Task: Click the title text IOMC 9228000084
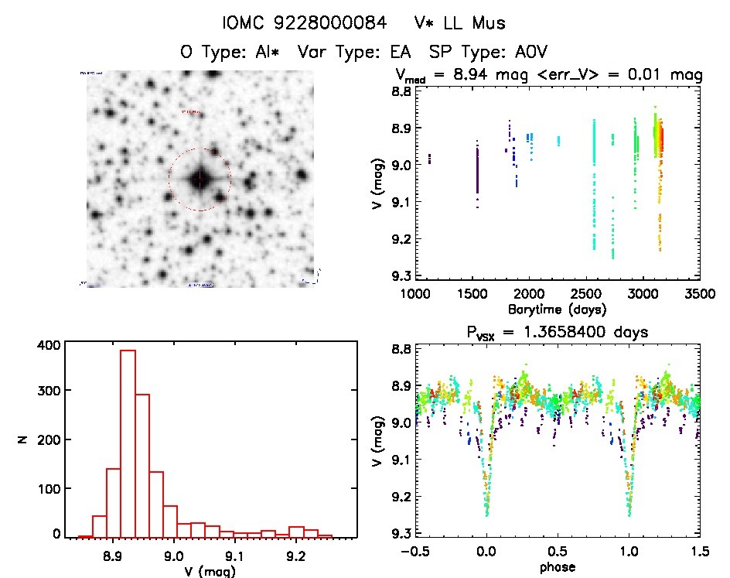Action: (x=304, y=24)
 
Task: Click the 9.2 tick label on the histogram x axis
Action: (x=295, y=554)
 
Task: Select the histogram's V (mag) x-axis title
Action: (x=208, y=571)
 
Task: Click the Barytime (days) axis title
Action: (x=558, y=309)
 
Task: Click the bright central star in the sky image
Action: (x=200, y=180)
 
